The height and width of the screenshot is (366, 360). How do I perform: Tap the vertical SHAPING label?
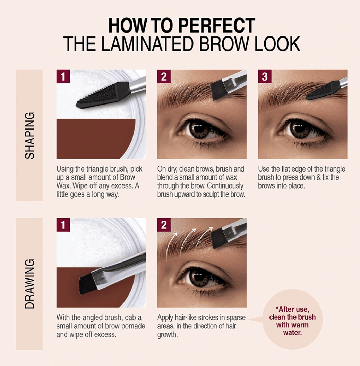coord(30,135)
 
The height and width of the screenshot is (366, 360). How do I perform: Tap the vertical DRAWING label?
coord(30,284)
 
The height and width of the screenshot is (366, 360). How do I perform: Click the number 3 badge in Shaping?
coord(265,76)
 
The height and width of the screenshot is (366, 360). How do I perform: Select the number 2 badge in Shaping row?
coord(164,76)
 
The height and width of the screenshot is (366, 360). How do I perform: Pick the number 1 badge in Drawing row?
coord(63,225)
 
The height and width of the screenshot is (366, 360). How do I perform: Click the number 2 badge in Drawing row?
coord(164,225)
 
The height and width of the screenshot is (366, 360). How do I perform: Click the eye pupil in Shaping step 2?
coord(199,129)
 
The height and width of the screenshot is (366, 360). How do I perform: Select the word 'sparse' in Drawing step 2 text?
coord(236,318)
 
